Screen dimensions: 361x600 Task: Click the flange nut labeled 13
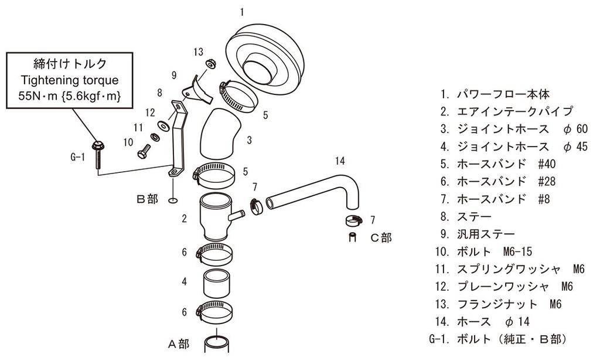209,64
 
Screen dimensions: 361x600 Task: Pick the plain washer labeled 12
165,124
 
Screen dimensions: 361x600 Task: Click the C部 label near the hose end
380,237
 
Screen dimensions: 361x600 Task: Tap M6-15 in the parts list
517,251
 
